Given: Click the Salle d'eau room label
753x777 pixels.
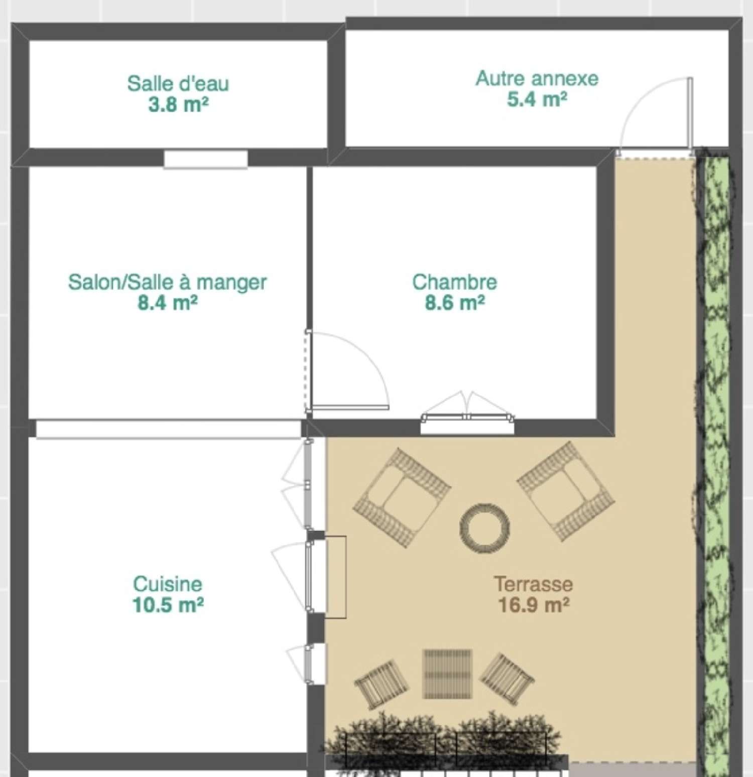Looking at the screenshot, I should pyautogui.click(x=178, y=83).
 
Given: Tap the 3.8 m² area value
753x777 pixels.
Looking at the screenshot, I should pyautogui.click(x=178, y=105).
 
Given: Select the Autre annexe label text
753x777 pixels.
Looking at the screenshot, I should pyautogui.click(x=537, y=78).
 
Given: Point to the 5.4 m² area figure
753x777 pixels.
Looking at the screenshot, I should pyautogui.click(x=537, y=99).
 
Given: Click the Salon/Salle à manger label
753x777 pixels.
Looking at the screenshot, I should pyautogui.click(x=167, y=282).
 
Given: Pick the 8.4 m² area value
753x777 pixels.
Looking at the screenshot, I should pyautogui.click(x=167, y=303).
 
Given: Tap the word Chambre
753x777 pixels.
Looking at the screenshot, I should pyautogui.click(x=454, y=282).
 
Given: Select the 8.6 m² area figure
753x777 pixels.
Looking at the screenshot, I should pyautogui.click(x=454, y=303).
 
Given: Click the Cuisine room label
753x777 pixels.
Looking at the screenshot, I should pyautogui.click(x=168, y=584).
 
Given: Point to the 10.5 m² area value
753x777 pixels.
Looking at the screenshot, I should pyautogui.click(x=168, y=605).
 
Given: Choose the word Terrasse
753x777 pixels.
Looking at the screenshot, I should pyautogui.click(x=533, y=584).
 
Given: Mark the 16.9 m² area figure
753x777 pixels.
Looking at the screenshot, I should pyautogui.click(x=533, y=605).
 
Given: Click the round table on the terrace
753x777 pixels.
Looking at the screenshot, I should pyautogui.click(x=484, y=529).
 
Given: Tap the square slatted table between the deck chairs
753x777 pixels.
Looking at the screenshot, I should pyautogui.click(x=447, y=674).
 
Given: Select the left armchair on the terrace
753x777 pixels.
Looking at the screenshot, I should pyautogui.click(x=401, y=496).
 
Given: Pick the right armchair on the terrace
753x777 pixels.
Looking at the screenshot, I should pyautogui.click(x=566, y=491).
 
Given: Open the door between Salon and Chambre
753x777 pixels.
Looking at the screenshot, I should pyautogui.click(x=346, y=371).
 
